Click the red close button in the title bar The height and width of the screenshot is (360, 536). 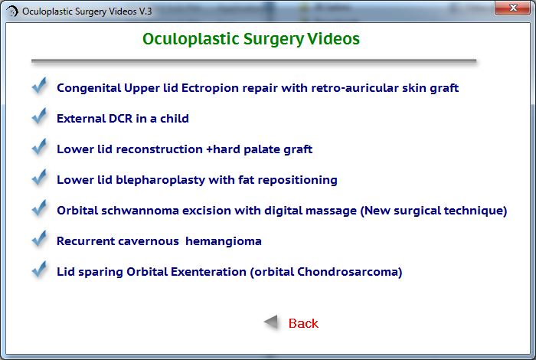click(x=512, y=8)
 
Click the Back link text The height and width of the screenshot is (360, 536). click(x=303, y=323)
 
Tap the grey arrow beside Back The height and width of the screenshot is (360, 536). click(x=271, y=322)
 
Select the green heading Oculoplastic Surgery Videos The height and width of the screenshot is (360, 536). click(x=251, y=38)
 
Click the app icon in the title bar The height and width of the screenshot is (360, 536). click(x=12, y=11)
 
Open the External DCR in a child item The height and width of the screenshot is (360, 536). click(x=123, y=119)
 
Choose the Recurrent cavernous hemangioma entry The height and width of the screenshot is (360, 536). click(x=159, y=241)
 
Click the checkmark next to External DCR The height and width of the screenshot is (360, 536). click(x=39, y=116)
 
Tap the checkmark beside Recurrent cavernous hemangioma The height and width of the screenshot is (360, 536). click(x=39, y=239)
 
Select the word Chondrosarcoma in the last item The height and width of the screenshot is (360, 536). click(x=348, y=272)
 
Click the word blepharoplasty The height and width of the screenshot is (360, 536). click(x=160, y=180)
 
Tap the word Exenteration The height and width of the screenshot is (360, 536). click(x=208, y=272)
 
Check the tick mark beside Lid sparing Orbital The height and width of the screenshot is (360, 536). click(x=39, y=270)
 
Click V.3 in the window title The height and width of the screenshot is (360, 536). click(x=145, y=11)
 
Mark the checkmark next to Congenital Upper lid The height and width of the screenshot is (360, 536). click(x=39, y=86)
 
